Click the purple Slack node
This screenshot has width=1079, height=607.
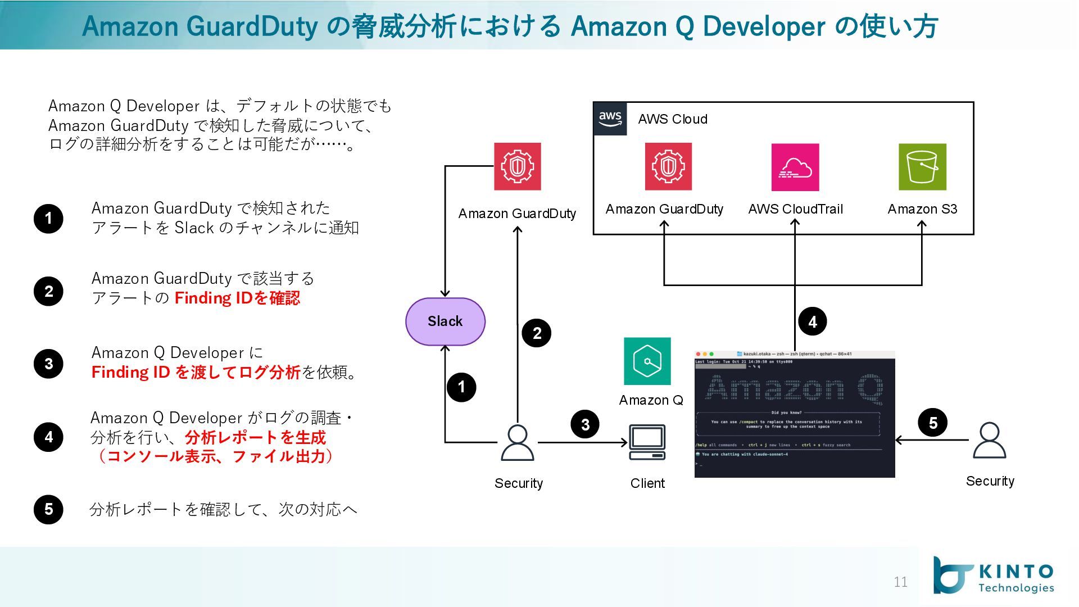coord(445,321)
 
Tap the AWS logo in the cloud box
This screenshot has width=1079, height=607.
coord(610,119)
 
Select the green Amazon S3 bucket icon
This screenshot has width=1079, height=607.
coord(922,167)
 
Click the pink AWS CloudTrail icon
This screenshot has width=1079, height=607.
coord(795,167)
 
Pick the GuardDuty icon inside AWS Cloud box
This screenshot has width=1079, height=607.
coord(668,167)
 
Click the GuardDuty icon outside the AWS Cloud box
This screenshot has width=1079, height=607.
coord(517,167)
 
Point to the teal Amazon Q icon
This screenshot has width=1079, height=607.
coord(647,361)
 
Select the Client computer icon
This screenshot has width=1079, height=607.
coord(647,443)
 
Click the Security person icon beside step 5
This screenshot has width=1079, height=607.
coord(989,441)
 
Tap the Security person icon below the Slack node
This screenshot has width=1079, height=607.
coord(517,443)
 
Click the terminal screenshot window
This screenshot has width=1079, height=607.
coord(795,415)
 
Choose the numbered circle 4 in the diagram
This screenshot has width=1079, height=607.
coord(812,321)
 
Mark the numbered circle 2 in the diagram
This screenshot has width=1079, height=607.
coord(536,333)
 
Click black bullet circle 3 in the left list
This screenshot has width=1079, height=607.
coord(48,364)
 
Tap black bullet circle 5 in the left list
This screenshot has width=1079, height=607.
coord(48,509)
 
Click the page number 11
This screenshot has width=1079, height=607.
coord(900,582)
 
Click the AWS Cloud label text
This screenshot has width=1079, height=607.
coord(673,119)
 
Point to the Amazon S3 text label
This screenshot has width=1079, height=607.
coord(922,209)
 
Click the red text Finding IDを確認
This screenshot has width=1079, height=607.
coord(237,298)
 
